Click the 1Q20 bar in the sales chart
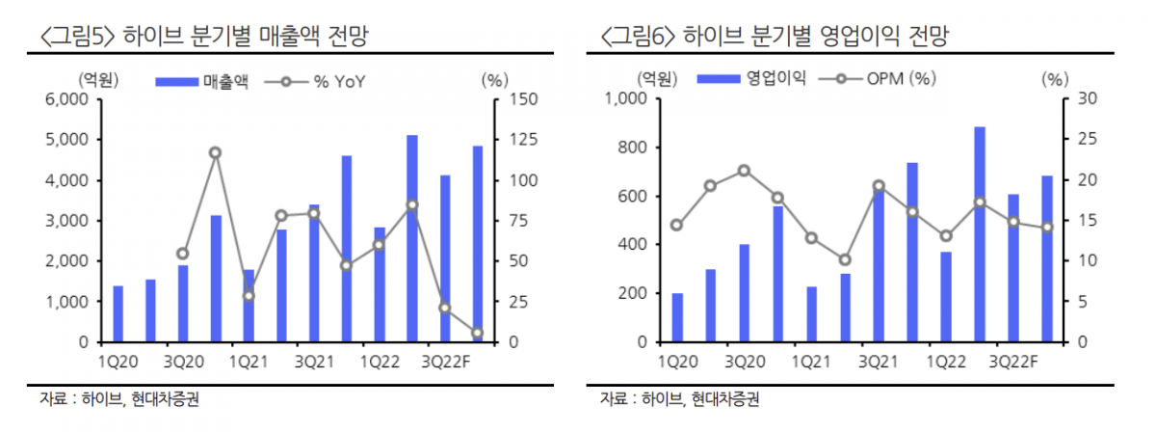point(118,313)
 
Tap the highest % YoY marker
point(215,152)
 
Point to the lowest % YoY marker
point(477,334)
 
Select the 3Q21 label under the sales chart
point(313,362)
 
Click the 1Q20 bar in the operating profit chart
point(677,317)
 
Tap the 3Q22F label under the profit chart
point(1013,362)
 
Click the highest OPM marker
point(744,171)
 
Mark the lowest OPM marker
point(845,259)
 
